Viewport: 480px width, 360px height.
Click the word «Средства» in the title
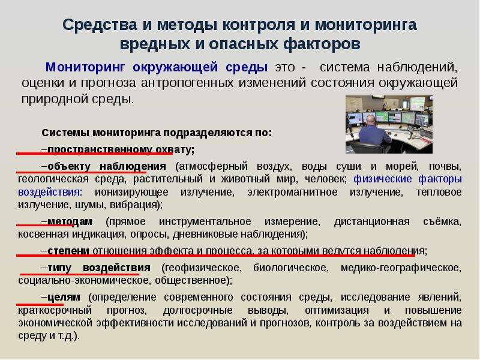click(100, 25)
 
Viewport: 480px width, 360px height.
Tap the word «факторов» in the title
click(322, 44)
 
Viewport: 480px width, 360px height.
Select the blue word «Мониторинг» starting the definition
click(85, 67)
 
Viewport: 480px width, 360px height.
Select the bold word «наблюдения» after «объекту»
click(133, 166)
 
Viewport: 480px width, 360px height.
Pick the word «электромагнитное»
click(293, 192)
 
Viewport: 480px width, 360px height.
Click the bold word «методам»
click(70, 221)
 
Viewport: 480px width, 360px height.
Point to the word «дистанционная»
click(372, 221)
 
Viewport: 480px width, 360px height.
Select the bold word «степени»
click(68, 251)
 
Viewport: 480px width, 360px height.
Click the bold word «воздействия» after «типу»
click(116, 268)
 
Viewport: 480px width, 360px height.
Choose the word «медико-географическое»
click(400, 268)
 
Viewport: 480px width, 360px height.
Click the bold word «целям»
click(64, 297)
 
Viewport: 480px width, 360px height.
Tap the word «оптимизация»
click(337, 310)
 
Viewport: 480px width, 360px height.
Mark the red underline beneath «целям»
click(40, 304)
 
